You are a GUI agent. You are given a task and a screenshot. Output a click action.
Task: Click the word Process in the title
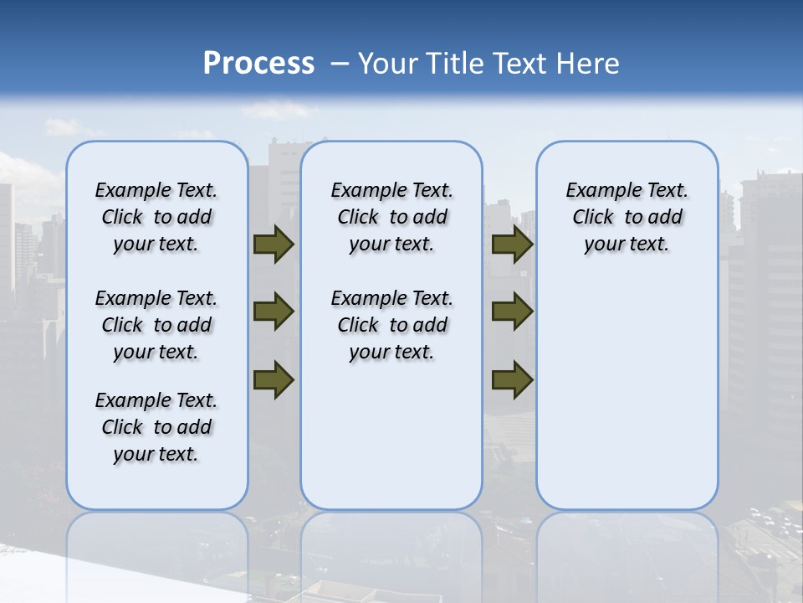pyautogui.click(x=258, y=63)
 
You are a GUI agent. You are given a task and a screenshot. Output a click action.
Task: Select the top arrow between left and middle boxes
pyautogui.click(x=274, y=245)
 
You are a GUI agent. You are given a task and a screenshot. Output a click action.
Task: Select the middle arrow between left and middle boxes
pyautogui.click(x=274, y=312)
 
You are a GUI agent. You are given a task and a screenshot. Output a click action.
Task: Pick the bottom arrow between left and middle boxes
pyautogui.click(x=274, y=380)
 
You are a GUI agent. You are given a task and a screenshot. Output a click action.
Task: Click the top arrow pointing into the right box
pyautogui.click(x=512, y=245)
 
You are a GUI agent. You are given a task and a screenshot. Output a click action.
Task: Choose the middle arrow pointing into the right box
pyautogui.click(x=512, y=312)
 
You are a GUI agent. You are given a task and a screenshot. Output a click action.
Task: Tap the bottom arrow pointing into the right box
pyautogui.click(x=512, y=380)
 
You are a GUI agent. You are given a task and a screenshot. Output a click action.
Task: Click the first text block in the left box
pyautogui.click(x=156, y=217)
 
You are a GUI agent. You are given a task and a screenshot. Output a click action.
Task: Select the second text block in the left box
pyautogui.click(x=156, y=325)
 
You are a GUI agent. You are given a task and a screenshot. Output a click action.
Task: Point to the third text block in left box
pyautogui.click(x=156, y=427)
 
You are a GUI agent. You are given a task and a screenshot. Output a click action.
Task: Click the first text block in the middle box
pyautogui.click(x=391, y=217)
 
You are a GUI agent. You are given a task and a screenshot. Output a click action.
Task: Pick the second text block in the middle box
pyautogui.click(x=391, y=325)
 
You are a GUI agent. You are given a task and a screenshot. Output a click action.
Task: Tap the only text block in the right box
pyautogui.click(x=627, y=217)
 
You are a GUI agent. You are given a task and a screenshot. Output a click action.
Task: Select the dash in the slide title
pyautogui.click(x=340, y=64)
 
